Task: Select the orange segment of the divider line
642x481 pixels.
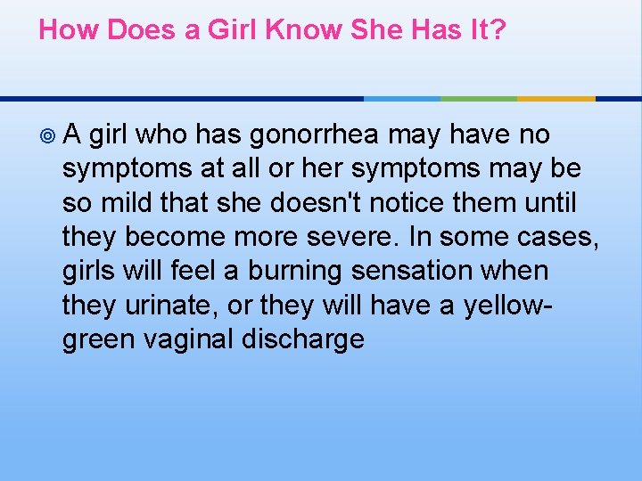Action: [556, 98]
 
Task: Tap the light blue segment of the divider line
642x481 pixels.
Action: [402, 98]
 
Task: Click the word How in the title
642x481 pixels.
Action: [69, 30]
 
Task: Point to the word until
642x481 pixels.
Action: [552, 204]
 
